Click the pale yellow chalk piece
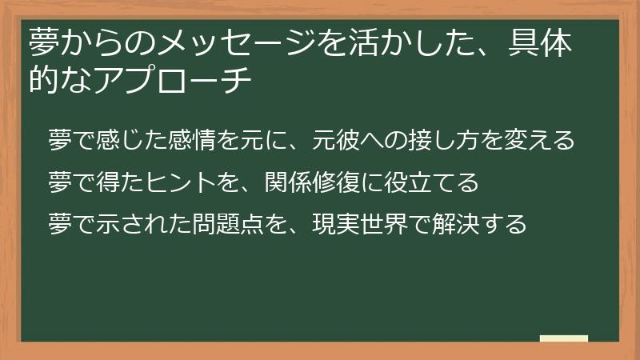pos(564,338)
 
